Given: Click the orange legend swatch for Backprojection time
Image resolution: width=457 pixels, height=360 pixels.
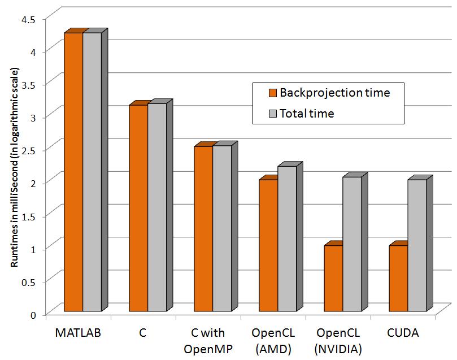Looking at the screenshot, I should [x=272, y=92].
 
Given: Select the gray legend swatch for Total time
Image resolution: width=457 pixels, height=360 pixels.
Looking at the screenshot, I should [x=272, y=114].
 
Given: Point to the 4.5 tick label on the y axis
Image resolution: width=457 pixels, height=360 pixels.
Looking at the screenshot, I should [x=28, y=19].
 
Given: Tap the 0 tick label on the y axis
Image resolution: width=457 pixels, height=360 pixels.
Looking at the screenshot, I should [x=33, y=314].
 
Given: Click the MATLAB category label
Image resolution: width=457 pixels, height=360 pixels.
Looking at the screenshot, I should [x=78, y=333].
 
